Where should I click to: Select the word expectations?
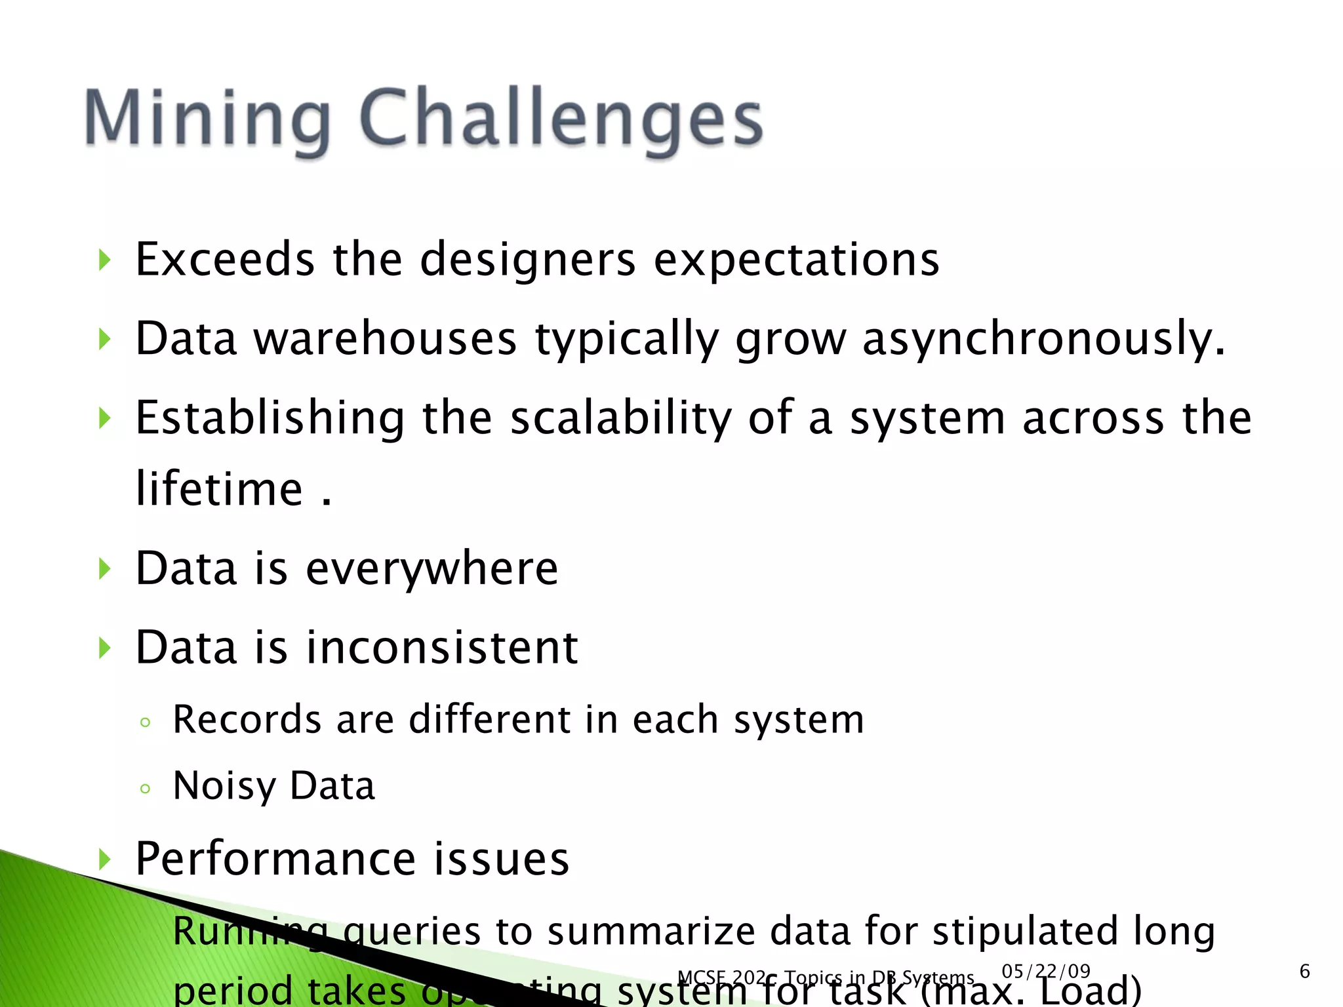tap(797, 261)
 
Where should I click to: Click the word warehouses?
tap(386, 340)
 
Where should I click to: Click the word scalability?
tap(620, 419)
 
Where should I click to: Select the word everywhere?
tap(432, 569)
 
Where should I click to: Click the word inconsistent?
tap(442, 648)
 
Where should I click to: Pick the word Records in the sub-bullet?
tap(247, 720)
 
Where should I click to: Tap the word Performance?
tap(275, 859)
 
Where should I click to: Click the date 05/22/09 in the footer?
tap(1046, 972)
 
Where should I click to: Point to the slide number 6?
tap(1304, 972)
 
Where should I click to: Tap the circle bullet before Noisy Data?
tap(146, 789)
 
